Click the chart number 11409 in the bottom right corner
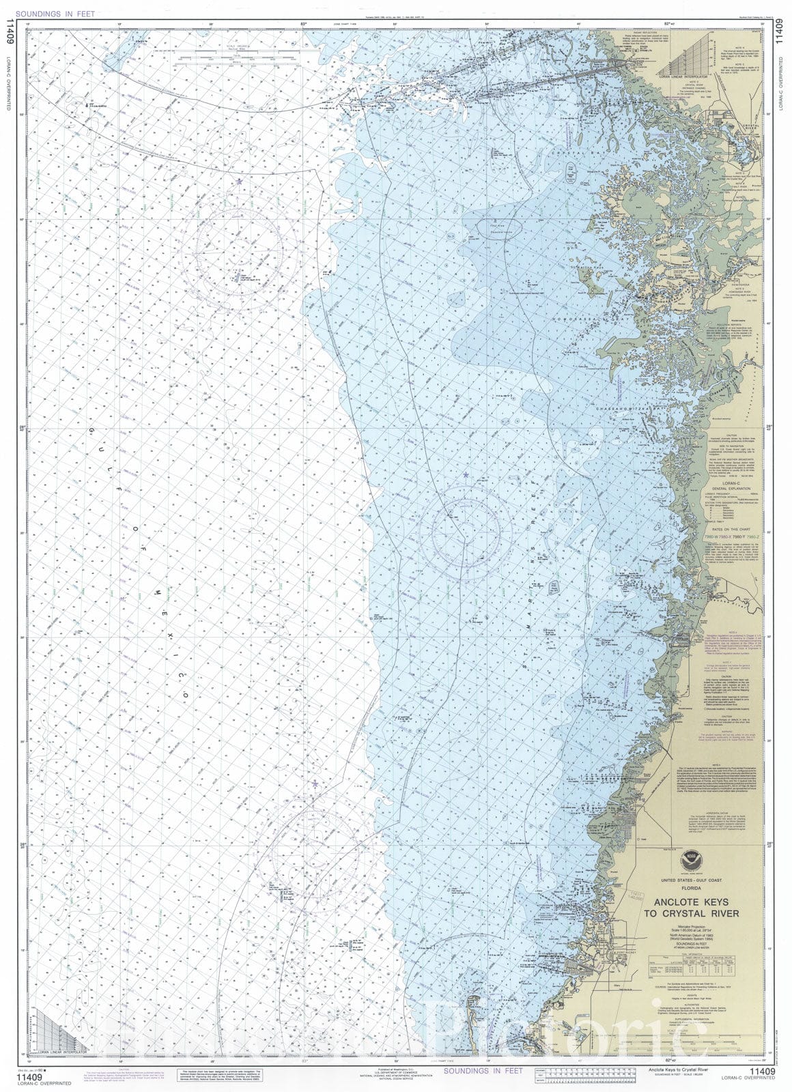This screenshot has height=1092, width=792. click(762, 1072)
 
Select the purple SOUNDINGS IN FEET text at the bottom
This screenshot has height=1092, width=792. click(483, 1071)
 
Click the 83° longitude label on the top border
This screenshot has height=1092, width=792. click(303, 25)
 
